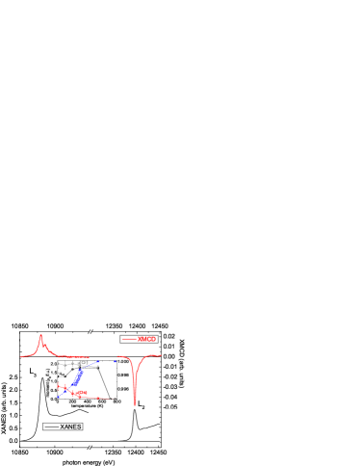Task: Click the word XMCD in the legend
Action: pyautogui.click(x=146, y=339)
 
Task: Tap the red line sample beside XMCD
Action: pyautogui.click(x=129, y=339)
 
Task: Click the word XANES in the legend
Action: pyautogui.click(x=70, y=427)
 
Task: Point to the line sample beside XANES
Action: pyautogui.click(x=52, y=427)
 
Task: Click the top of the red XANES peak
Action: pyautogui.click(x=40, y=336)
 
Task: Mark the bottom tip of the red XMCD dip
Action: pyautogui.click(x=135, y=403)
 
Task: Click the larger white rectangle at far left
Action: pyautogui.click(x=13, y=358)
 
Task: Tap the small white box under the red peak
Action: pyautogui.click(x=29, y=367)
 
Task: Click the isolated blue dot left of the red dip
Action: pyautogui.click(x=116, y=362)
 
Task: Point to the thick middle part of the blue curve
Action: pyautogui.click(x=77, y=377)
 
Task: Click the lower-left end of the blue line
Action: pyautogui.click(x=59, y=396)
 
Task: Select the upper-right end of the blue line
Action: pyautogui.click(x=98, y=363)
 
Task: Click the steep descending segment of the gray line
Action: pyautogui.click(x=105, y=381)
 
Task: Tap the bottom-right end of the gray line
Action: pyautogui.click(x=114, y=398)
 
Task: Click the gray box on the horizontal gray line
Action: pyautogui.click(x=83, y=364)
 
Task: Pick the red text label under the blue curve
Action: pyautogui.click(x=80, y=392)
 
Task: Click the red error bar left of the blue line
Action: pyautogui.click(x=61, y=386)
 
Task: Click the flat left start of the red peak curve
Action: pyautogui.click(x=24, y=356)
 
